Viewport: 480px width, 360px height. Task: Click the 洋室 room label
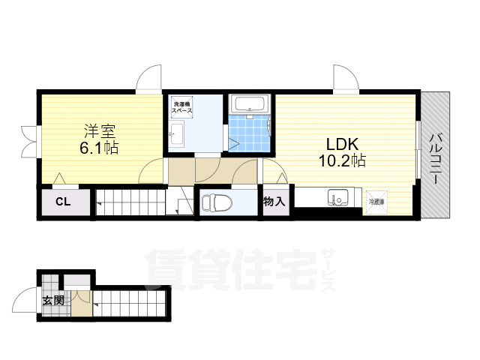(98, 130)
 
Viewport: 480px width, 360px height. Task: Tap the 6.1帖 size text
(98, 147)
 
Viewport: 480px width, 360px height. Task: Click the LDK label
(343, 143)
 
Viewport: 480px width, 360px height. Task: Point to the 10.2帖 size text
(343, 160)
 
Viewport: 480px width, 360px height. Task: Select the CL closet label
(63, 202)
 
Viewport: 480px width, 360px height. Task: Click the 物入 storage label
(274, 201)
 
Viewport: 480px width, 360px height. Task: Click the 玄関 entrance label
(52, 301)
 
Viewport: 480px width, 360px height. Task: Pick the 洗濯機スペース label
(182, 106)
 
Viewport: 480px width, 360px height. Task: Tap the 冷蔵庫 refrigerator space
(374, 200)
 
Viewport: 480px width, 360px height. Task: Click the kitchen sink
(337, 199)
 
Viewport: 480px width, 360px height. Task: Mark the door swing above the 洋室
(148, 78)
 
